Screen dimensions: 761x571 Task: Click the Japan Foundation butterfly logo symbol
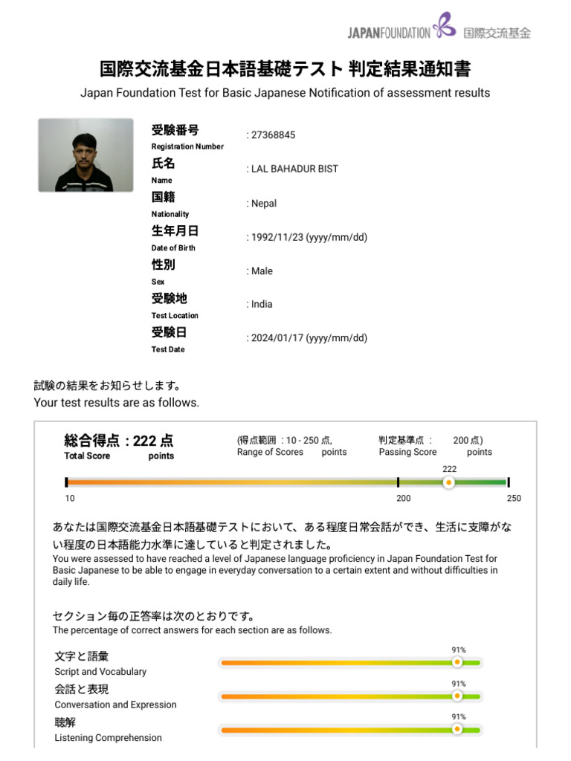coord(445,25)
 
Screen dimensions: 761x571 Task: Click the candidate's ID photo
coord(86,155)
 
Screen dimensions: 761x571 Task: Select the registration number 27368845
coord(273,135)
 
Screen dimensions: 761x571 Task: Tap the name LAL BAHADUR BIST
coord(294,169)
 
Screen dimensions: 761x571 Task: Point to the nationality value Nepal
coord(263,204)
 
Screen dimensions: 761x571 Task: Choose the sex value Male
coord(262,271)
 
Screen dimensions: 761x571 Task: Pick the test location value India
coord(262,304)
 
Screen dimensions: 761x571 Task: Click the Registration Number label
coord(187,146)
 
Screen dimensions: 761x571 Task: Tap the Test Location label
coord(175,316)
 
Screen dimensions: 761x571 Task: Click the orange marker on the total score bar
coord(448,482)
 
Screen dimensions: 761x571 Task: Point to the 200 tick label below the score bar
coord(404,499)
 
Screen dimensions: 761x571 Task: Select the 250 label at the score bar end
coord(514,499)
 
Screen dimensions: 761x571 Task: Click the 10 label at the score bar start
coord(70,499)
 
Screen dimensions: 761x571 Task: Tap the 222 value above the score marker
coord(449,469)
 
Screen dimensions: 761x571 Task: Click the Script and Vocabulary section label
coord(100,672)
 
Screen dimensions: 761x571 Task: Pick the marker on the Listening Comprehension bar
coord(457,729)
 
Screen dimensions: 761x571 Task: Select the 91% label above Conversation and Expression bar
coord(459,684)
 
